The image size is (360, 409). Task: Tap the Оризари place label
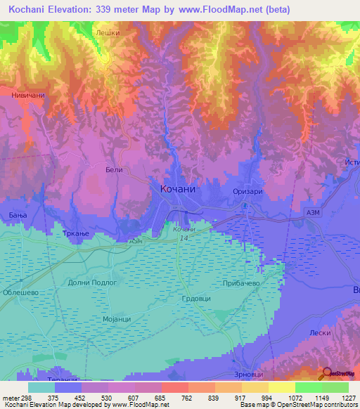247,191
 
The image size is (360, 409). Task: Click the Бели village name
114,169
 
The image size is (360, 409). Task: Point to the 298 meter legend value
23,397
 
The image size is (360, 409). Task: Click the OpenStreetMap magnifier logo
325,373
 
